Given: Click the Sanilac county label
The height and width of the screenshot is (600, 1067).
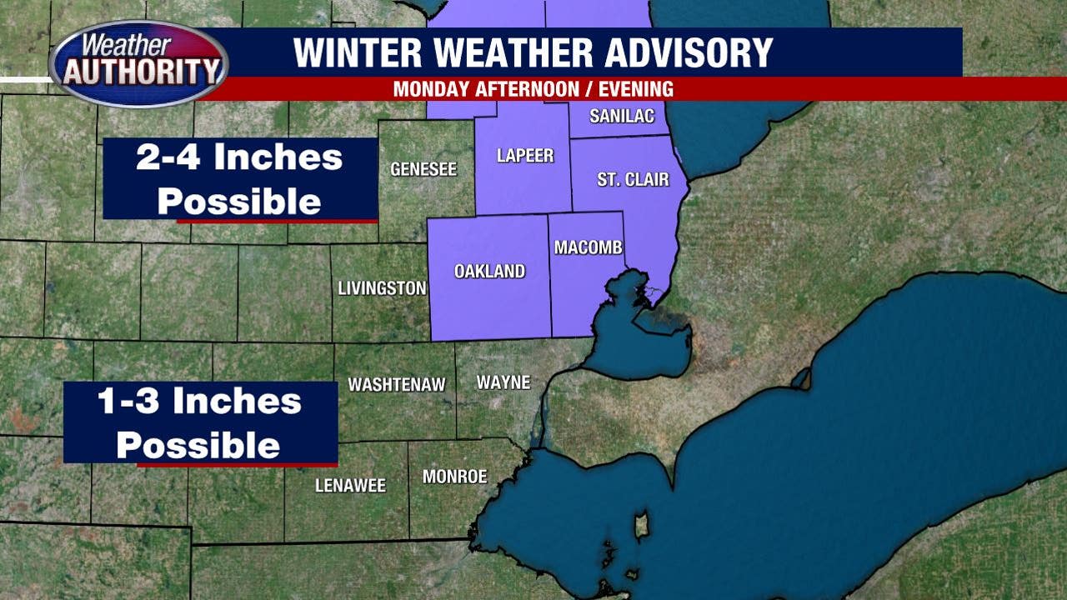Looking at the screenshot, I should (x=622, y=116).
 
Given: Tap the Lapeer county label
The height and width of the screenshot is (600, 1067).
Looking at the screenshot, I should (x=524, y=156).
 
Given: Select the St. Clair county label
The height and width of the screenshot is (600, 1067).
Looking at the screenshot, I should (x=633, y=180).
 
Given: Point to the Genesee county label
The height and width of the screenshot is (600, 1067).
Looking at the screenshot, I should (x=423, y=169).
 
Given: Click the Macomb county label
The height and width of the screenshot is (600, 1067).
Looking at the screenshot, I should (x=589, y=247).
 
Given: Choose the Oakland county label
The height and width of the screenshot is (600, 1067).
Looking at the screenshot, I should (x=489, y=271).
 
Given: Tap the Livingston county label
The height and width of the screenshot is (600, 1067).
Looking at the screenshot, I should (x=382, y=288).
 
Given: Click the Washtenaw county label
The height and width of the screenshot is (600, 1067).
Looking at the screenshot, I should (x=396, y=385).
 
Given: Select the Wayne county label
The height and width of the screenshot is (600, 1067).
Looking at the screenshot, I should (x=503, y=382).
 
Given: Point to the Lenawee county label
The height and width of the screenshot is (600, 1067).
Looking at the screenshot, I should (x=350, y=485).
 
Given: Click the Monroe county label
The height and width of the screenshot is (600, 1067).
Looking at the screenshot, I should (x=454, y=477).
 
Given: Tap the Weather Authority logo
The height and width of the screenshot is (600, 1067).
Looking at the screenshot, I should (x=138, y=63).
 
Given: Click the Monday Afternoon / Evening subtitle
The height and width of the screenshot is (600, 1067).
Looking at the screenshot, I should (x=533, y=89).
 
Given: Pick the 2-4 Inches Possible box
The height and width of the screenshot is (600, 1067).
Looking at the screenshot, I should (x=240, y=179).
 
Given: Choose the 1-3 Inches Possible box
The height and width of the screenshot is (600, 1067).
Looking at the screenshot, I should (x=200, y=423).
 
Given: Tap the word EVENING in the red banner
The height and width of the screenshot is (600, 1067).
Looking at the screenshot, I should (x=635, y=89).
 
